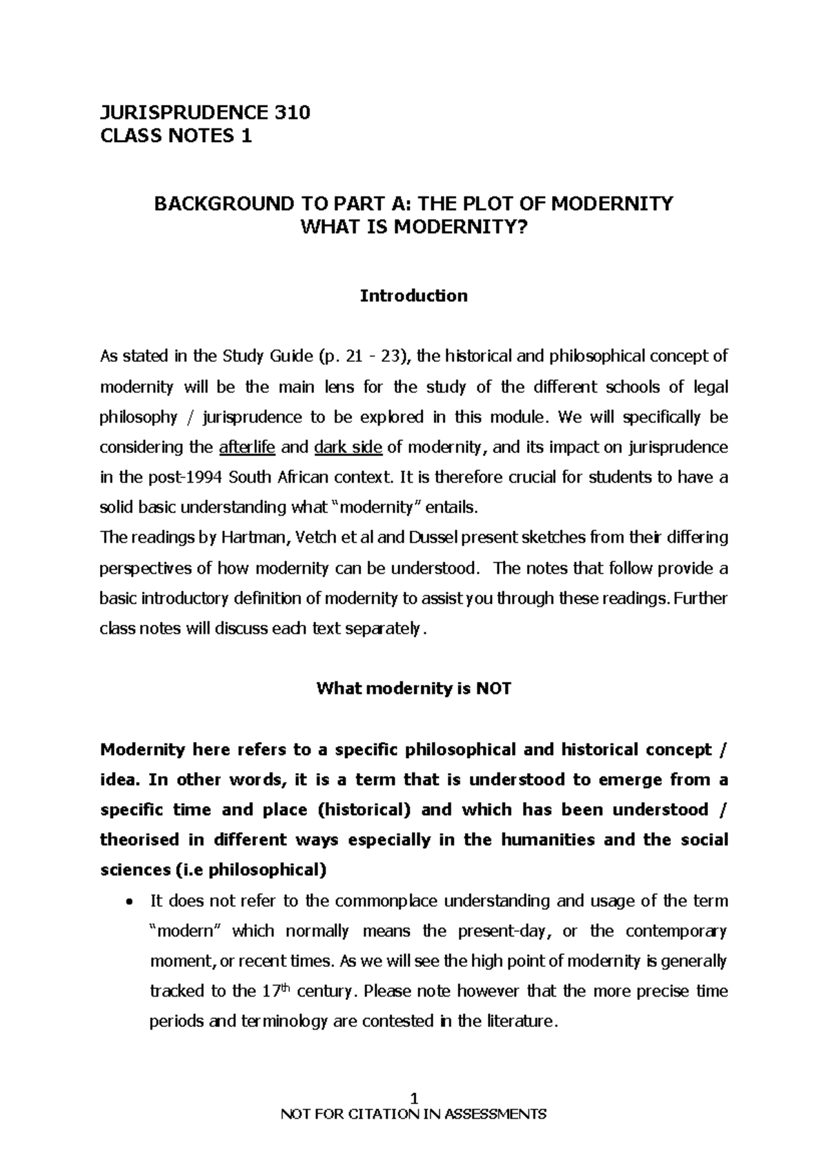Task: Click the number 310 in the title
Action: pos(290,112)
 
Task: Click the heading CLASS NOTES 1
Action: pos(176,137)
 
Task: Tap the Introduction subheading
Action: pos(413,296)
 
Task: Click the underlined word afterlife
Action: pos(247,448)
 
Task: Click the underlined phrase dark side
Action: pos(348,448)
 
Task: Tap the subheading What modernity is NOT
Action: pos(413,689)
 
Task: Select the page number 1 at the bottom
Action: pos(414,1097)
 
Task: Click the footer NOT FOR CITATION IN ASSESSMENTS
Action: pos(413,1114)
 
